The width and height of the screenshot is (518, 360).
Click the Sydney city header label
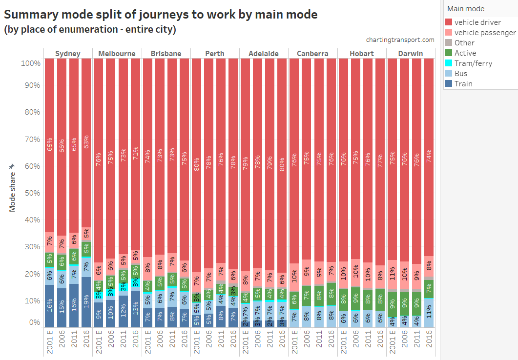pyautogui.click(x=68, y=53)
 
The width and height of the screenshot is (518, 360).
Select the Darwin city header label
pyautogui.click(x=410, y=53)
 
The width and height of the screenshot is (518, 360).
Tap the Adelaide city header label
pyautogui.click(x=264, y=53)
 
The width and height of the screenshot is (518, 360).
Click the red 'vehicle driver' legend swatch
pyautogui.click(x=449, y=22)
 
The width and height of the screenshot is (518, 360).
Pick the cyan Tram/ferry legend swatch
pyautogui.click(x=449, y=63)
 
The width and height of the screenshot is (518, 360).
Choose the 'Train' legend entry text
pyautogui.click(x=463, y=84)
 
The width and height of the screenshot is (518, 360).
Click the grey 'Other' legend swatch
pyautogui.click(x=449, y=43)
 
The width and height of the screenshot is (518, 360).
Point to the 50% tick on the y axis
pyautogui.click(x=31, y=193)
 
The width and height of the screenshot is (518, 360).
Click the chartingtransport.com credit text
pyautogui.click(x=400, y=40)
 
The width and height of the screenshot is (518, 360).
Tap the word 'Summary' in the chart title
pyautogui.click(x=30, y=15)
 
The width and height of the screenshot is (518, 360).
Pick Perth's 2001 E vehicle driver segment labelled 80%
pyautogui.click(x=196, y=165)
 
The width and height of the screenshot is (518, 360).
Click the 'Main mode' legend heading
pyautogui.click(x=466, y=9)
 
